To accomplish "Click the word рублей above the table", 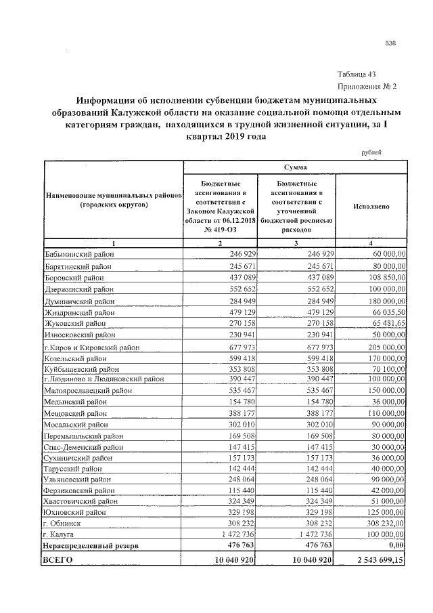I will [x=373, y=152].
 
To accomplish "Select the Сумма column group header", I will [x=295, y=167].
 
